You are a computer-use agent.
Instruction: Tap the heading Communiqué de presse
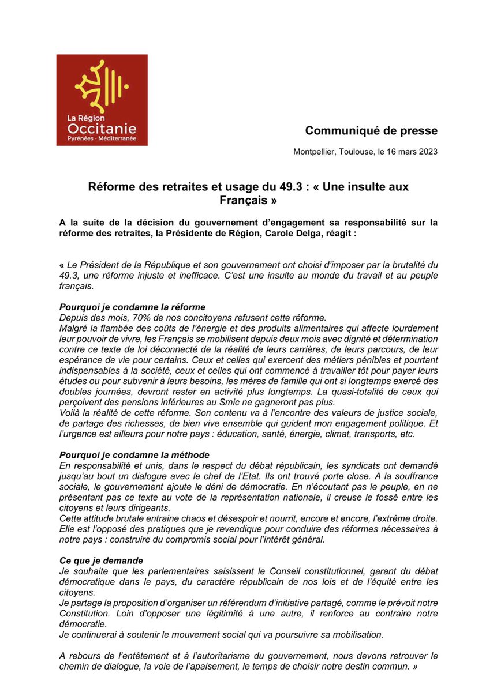point(371,131)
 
